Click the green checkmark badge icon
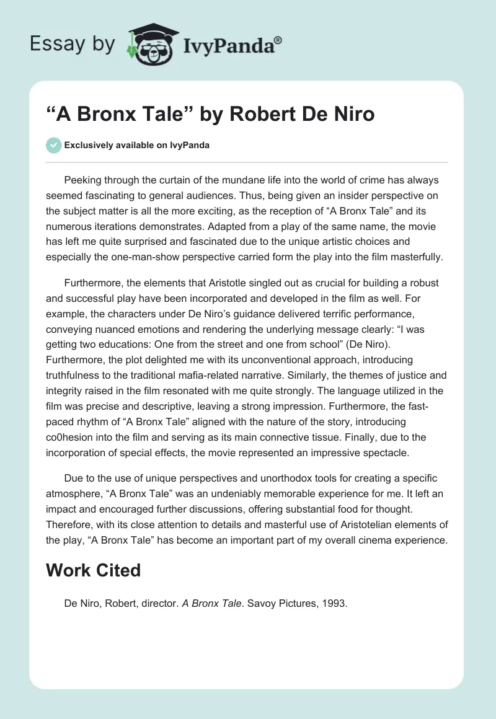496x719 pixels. (53, 145)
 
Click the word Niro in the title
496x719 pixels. (352, 115)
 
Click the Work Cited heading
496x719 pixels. (94, 570)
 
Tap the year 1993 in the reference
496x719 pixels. (334, 602)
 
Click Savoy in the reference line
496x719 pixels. (263, 602)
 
